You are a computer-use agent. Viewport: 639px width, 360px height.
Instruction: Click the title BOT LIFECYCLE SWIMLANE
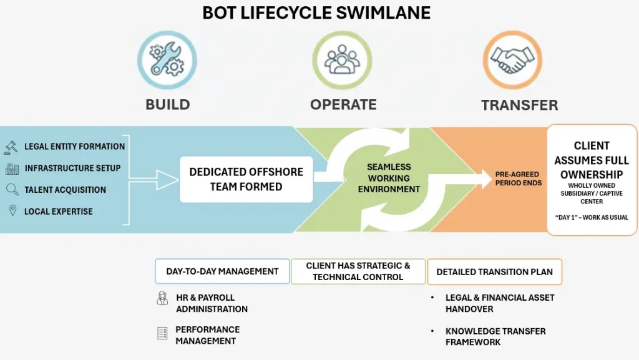[316, 12]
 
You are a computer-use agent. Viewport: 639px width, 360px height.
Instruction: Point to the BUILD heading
[167, 104]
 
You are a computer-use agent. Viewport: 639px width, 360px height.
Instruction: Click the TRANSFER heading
[519, 105]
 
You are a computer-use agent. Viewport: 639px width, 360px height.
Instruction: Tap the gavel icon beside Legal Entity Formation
[11, 147]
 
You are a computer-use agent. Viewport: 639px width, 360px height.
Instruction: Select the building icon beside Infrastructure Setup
[11, 168]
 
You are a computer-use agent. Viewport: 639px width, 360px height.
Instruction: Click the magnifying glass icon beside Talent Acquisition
[11, 190]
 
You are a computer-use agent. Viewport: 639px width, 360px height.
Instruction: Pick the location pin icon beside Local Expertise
[11, 212]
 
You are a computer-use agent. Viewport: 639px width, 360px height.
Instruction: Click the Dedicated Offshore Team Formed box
[246, 179]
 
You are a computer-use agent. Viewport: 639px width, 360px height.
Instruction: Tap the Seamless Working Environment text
[388, 178]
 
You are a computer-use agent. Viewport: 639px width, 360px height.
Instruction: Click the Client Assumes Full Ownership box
[591, 180]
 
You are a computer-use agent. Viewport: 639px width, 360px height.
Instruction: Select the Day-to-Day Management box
[222, 271]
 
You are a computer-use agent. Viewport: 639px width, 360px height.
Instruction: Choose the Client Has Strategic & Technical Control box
[358, 271]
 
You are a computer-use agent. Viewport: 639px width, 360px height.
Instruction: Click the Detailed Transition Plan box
[494, 272]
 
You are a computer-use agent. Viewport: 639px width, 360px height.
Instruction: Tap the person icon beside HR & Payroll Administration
[162, 298]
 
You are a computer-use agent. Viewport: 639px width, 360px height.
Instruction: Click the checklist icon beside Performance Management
[162, 333]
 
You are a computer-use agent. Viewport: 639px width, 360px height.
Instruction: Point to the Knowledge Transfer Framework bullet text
[495, 336]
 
